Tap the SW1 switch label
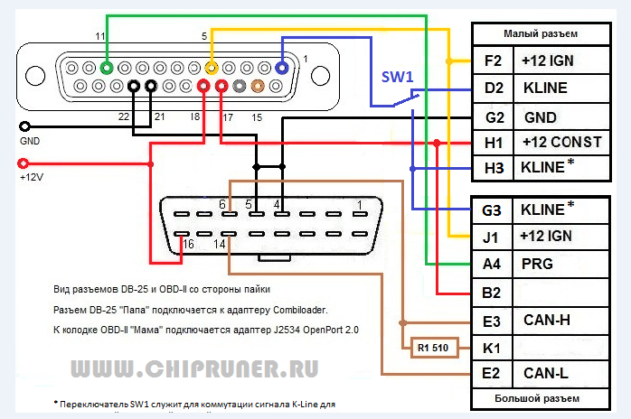[398, 79]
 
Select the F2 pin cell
[493, 61]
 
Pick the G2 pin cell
[493, 117]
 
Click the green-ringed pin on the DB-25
[107, 67]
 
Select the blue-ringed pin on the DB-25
[282, 67]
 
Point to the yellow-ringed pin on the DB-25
[212, 67]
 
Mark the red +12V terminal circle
[24, 164]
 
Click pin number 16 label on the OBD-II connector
[188, 245]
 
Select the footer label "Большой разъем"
[541, 398]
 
